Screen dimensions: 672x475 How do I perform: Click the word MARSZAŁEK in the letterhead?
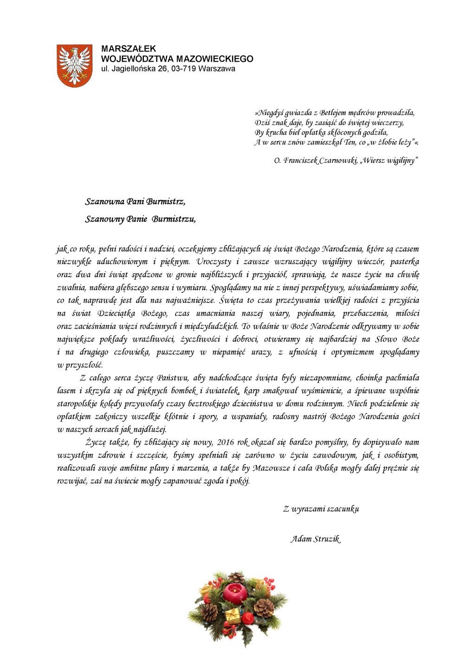129,49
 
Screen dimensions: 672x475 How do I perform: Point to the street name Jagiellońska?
132,69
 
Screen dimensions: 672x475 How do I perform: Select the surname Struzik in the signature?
327,539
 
